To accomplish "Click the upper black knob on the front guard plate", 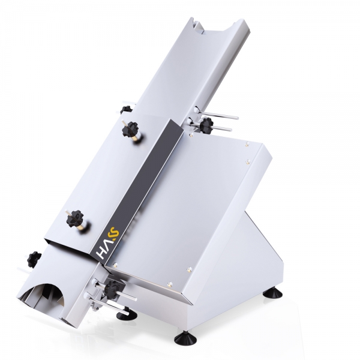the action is click(x=130, y=128).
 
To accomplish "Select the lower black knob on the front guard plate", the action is click(x=74, y=217).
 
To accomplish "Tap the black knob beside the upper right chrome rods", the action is click(x=206, y=124).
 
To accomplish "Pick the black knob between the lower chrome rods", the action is click(x=113, y=287).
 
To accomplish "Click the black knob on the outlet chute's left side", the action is click(x=34, y=259).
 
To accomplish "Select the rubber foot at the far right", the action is click(x=274, y=292).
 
